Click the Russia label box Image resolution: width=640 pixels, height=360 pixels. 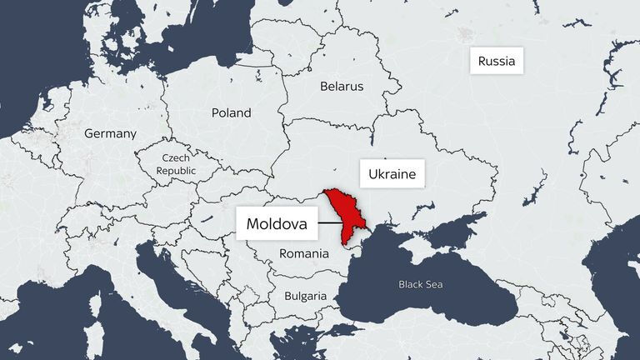[497, 61]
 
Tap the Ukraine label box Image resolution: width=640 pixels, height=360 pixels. [392, 175]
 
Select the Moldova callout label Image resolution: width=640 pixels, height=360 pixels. [277, 223]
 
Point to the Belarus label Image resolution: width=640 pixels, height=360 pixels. [342, 86]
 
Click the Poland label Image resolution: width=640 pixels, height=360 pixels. [231, 112]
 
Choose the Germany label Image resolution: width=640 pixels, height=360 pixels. [110, 133]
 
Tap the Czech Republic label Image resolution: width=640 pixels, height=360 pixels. [176, 163]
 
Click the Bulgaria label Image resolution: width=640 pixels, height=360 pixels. [305, 296]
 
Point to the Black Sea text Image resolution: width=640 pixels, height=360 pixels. [421, 284]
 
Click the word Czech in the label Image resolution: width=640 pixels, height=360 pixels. [176, 157]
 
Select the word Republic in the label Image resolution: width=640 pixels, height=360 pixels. [176, 170]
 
